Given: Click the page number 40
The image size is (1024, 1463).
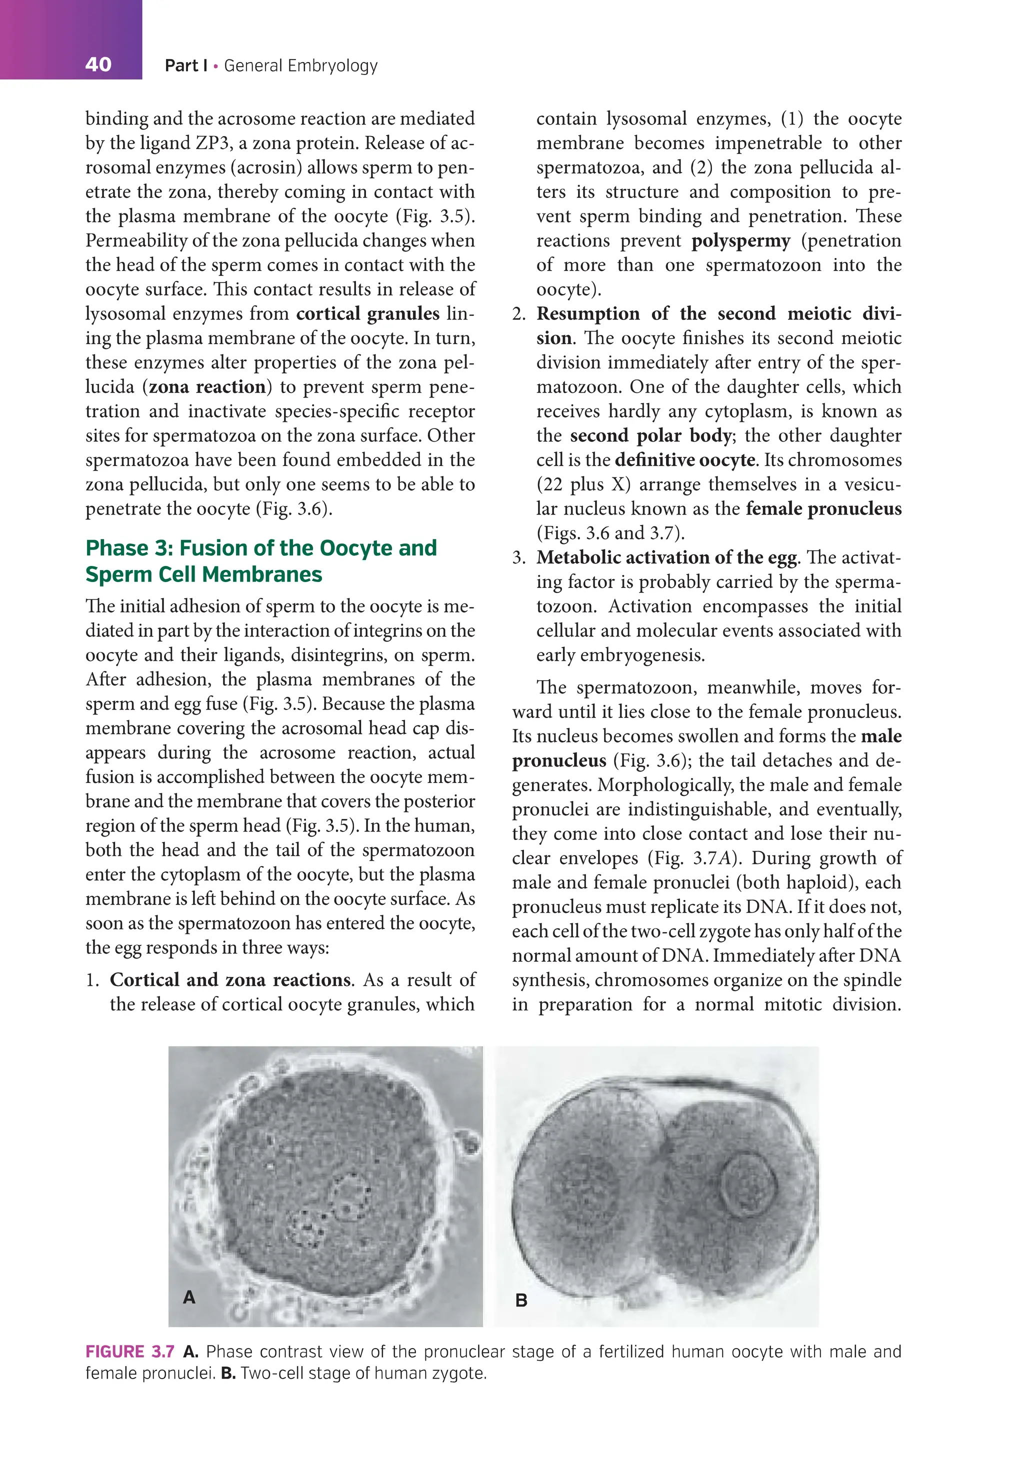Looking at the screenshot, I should [98, 64].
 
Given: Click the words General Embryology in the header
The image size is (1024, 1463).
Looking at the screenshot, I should [301, 65].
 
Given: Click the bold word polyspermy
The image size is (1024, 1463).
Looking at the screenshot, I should [740, 241].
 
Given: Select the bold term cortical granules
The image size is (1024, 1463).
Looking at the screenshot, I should [367, 313].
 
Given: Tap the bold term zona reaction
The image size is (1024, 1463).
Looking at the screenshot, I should [207, 387].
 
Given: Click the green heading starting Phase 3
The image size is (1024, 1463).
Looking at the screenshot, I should [261, 560].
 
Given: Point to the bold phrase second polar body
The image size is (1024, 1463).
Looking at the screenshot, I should [650, 436].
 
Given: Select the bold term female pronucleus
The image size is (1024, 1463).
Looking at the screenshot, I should [823, 508].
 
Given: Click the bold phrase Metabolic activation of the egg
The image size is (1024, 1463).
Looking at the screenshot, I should [666, 557].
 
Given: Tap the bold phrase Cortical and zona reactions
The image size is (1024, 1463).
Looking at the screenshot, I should [230, 979].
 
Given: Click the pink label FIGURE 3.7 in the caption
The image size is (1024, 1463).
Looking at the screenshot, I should [130, 1351].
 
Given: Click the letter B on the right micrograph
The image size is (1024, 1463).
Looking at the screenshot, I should [520, 1300].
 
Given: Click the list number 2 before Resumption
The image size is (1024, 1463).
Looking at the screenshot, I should [518, 314].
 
